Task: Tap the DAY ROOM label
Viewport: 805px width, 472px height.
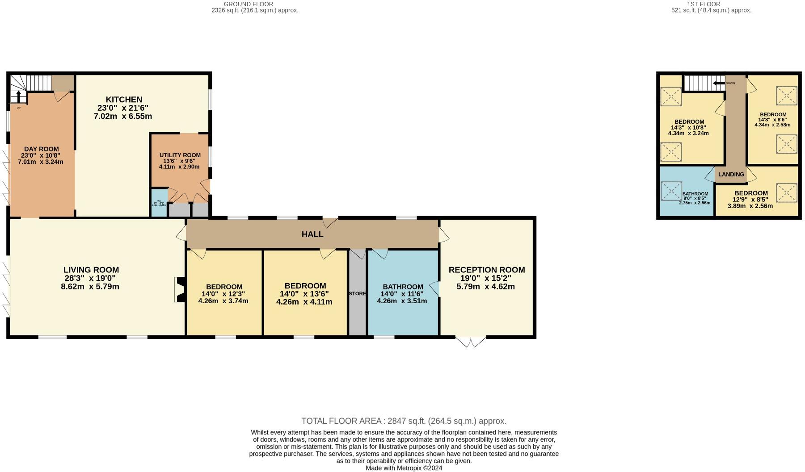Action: pyautogui.click(x=41, y=149)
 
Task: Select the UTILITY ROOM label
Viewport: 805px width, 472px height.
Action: pyautogui.click(x=180, y=155)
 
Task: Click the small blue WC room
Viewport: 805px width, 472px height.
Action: pyautogui.click(x=159, y=204)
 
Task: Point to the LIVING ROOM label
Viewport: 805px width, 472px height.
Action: pyautogui.click(x=91, y=270)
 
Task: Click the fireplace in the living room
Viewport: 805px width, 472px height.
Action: pyautogui.click(x=180, y=290)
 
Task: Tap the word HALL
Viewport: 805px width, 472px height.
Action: pyautogui.click(x=312, y=234)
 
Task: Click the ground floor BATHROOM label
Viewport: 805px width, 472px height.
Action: pyautogui.click(x=402, y=287)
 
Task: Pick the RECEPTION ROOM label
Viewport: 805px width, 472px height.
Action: pyautogui.click(x=486, y=270)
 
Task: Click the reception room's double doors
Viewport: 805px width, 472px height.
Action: pyautogui.click(x=471, y=342)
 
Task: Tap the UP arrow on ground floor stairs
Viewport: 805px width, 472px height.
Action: pyautogui.click(x=18, y=97)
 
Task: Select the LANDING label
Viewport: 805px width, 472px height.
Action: pyautogui.click(x=731, y=175)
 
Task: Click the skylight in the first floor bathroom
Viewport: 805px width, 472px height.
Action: pyautogui.click(x=671, y=191)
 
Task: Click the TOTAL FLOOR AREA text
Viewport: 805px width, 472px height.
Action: pyautogui.click(x=404, y=421)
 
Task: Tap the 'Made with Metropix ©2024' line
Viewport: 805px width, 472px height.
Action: pyautogui.click(x=404, y=468)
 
